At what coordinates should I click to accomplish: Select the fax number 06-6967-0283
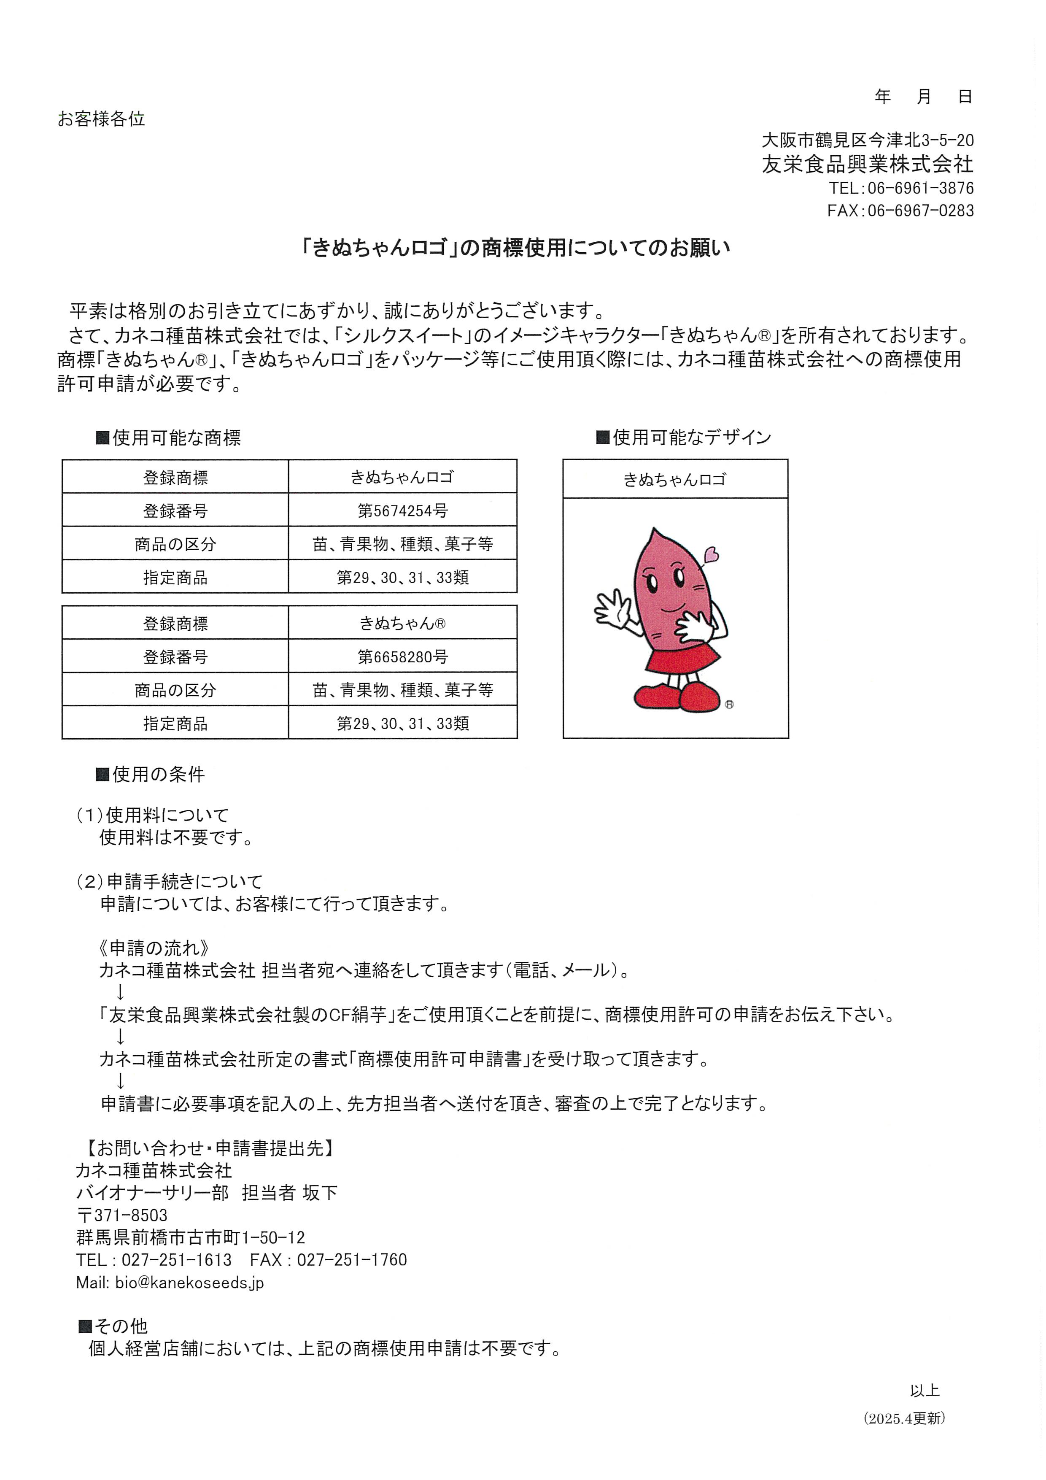tap(920, 211)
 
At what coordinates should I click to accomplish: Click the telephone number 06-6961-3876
tap(920, 188)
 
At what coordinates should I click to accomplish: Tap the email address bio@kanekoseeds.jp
tap(189, 1283)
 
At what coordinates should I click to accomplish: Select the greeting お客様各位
tap(101, 119)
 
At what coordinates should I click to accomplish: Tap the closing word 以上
tap(924, 1391)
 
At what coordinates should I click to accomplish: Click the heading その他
tap(121, 1326)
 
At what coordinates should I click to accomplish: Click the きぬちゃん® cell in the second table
tap(402, 623)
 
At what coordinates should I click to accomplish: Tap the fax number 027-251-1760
tap(351, 1260)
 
